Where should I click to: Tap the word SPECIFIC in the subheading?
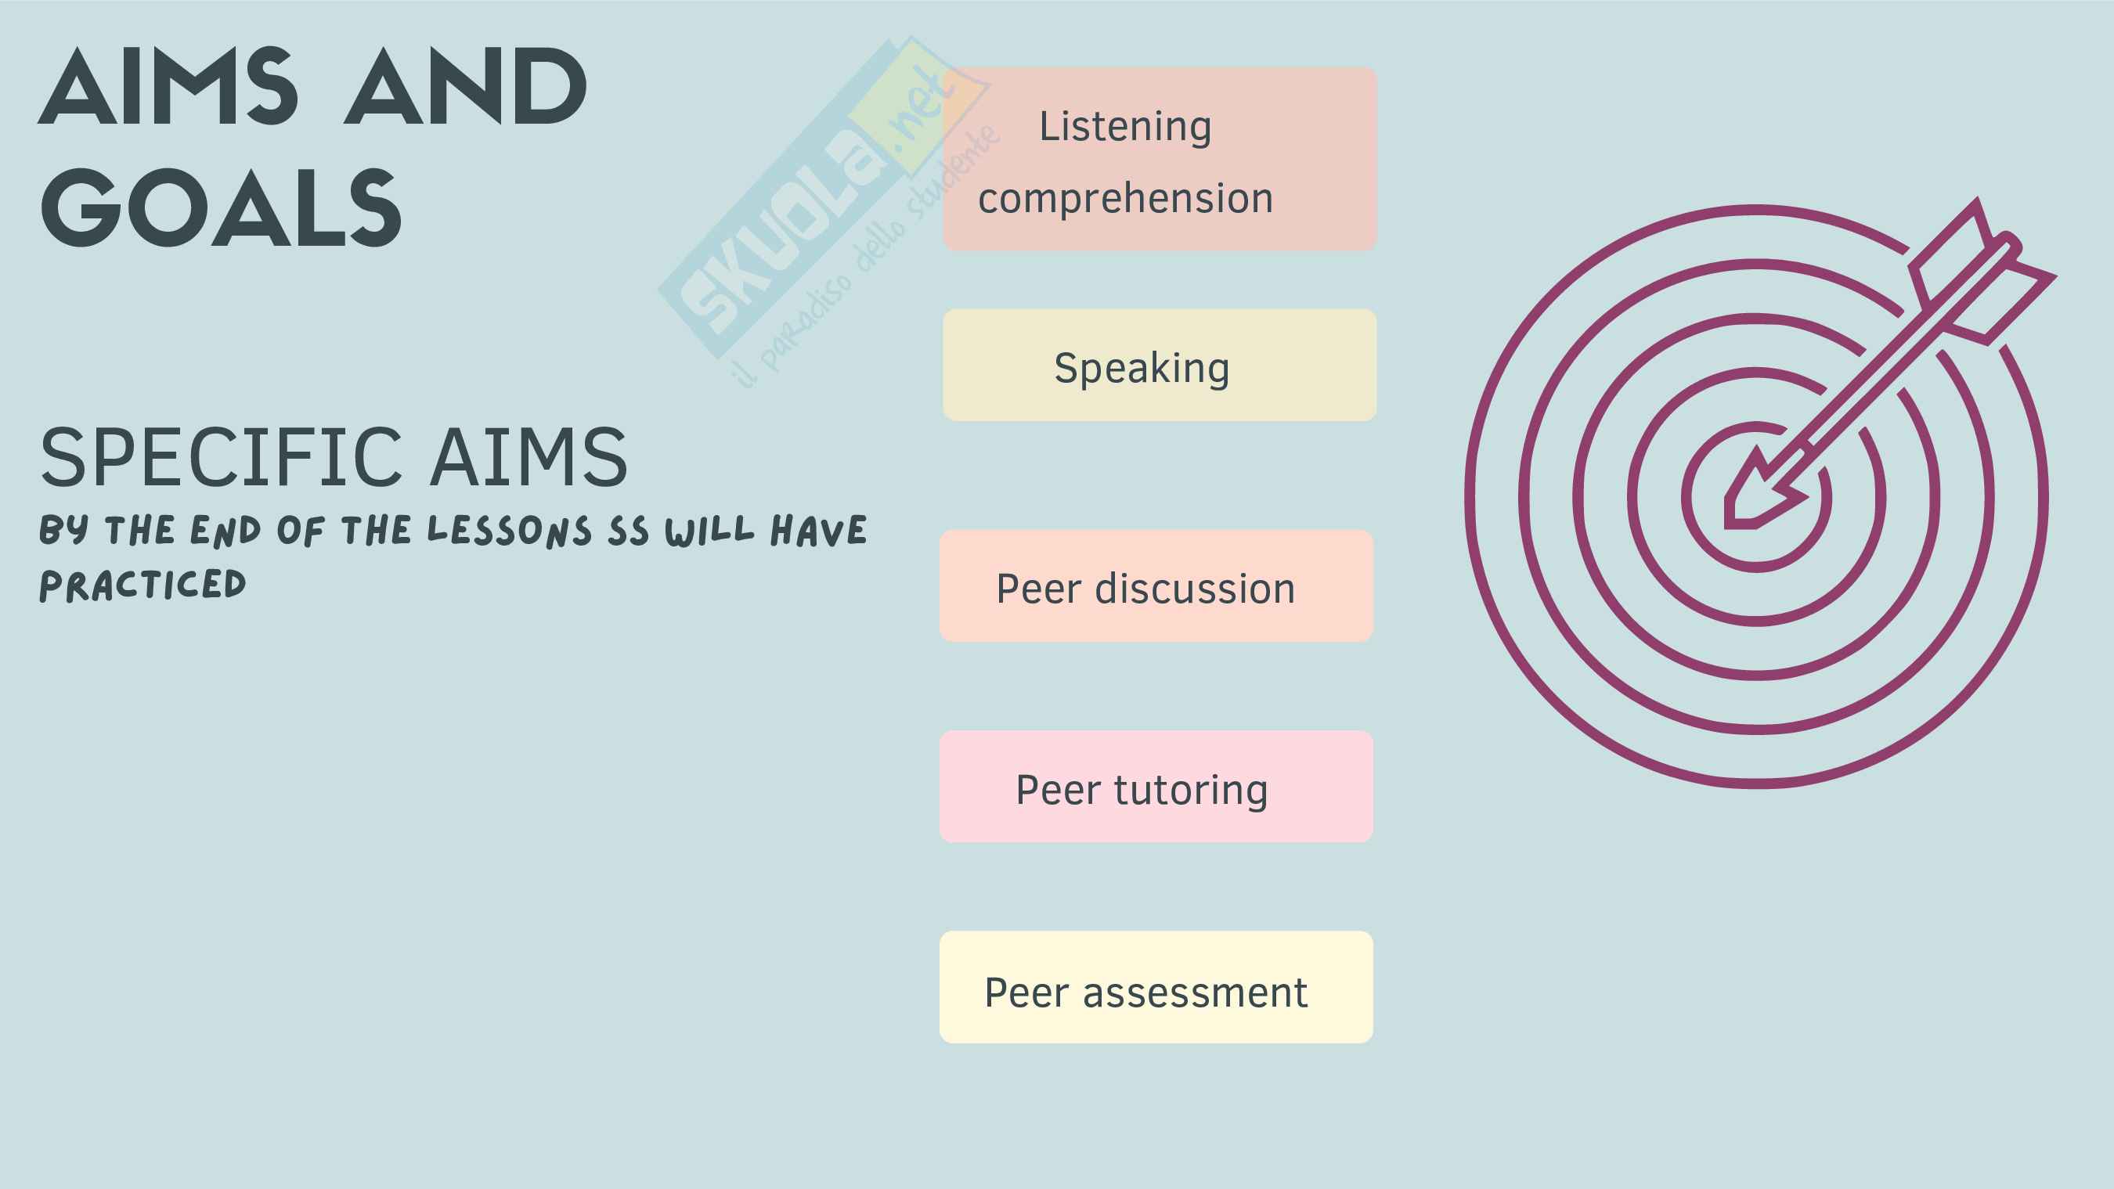[222, 457]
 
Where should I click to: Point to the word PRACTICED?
[142, 585]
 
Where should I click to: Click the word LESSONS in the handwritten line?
[509, 531]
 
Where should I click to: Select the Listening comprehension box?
[1159, 159]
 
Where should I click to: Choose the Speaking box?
[1159, 366]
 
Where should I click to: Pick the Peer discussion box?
[1156, 585]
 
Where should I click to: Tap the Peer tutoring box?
[1156, 787]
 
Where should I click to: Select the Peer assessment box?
[1156, 987]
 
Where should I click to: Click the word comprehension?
[1125, 199]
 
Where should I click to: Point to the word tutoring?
[1190, 791]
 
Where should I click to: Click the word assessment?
[1195, 993]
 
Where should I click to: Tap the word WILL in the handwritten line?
[709, 531]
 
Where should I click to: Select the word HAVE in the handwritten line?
[818, 531]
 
